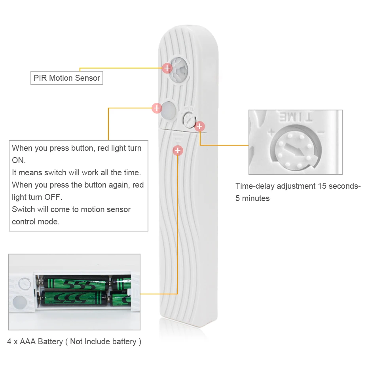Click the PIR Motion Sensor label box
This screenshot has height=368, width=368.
(66, 78)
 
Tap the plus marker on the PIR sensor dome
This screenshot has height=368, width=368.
(167, 68)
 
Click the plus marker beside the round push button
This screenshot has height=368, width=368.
(157, 108)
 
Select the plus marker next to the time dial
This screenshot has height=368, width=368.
(200, 126)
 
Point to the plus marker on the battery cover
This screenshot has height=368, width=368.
(178, 150)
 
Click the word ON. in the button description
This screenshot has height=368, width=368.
(19, 160)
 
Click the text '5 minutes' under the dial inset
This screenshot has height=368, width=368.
(252, 198)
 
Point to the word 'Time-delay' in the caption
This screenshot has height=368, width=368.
(255, 186)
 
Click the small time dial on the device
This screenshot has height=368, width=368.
(189, 119)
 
